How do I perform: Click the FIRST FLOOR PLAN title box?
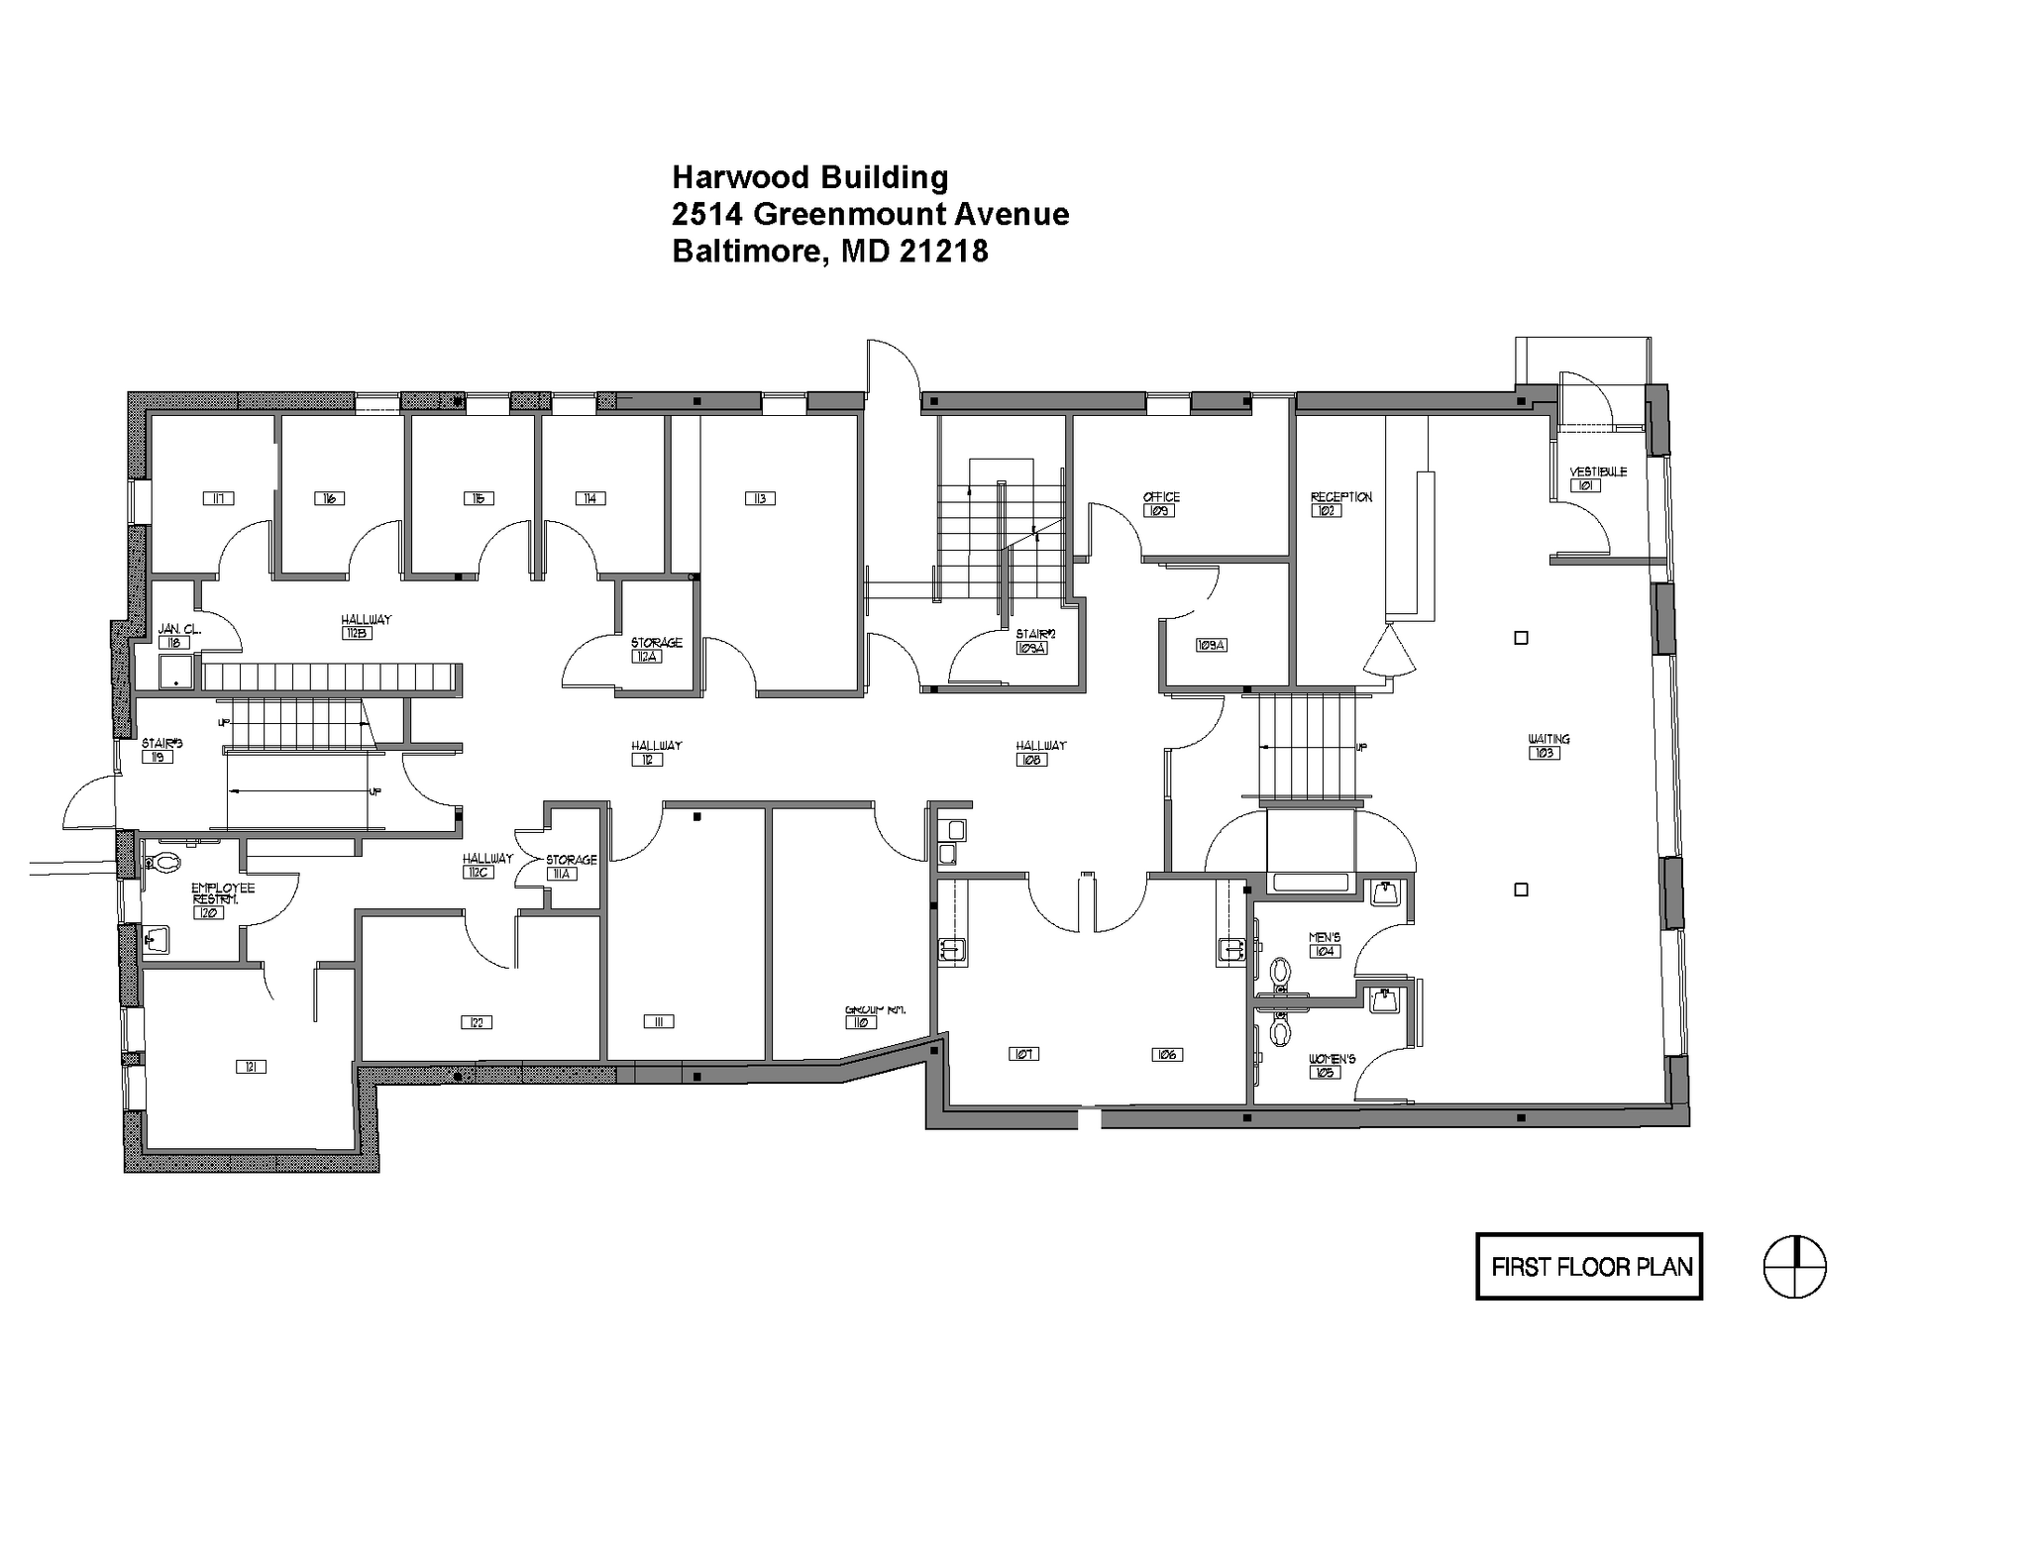(x=1589, y=1266)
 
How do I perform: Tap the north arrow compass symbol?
(x=1794, y=1266)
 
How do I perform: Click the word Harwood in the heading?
(x=739, y=177)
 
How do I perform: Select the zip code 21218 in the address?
(x=943, y=252)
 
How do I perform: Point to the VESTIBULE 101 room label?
(x=1597, y=478)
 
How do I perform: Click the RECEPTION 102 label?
(x=1339, y=503)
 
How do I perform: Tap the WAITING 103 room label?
(x=1548, y=746)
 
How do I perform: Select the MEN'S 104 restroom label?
(x=1325, y=944)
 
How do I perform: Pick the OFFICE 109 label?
(x=1160, y=503)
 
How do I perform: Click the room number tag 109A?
(x=1211, y=645)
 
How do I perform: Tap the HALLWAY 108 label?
(x=1039, y=753)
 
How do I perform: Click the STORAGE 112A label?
(x=655, y=650)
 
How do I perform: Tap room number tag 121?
(x=251, y=1067)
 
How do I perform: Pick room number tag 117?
(x=218, y=498)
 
